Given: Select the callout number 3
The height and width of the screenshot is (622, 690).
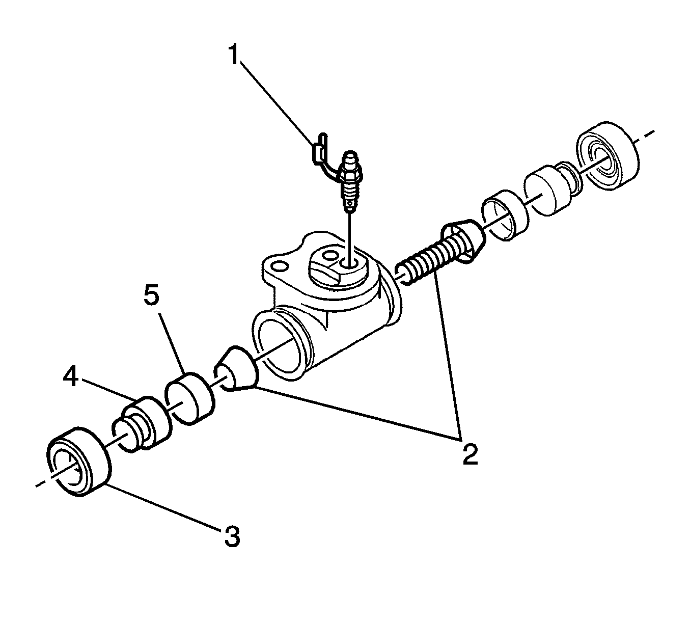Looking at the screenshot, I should [232, 536].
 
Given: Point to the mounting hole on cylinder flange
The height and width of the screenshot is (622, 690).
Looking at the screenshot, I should [278, 266].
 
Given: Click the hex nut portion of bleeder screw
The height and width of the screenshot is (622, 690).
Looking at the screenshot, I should [350, 176].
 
